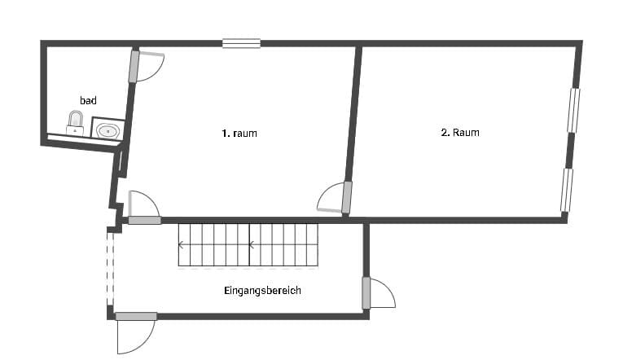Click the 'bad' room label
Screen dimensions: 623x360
click(x=88, y=100)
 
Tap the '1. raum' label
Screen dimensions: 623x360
click(x=239, y=133)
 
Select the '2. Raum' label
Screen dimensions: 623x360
click(x=460, y=132)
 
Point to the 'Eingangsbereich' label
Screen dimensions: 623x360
click(x=262, y=291)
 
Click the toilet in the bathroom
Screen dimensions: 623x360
click(x=75, y=123)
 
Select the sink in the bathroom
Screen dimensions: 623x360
click(x=107, y=130)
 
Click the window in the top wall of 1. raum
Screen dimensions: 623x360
click(x=241, y=43)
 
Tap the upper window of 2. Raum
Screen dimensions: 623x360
click(x=573, y=110)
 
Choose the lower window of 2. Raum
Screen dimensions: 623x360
click(x=567, y=190)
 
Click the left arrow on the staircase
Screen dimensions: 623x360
click(x=180, y=245)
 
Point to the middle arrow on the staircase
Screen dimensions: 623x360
click(x=251, y=245)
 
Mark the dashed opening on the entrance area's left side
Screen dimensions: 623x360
click(x=110, y=269)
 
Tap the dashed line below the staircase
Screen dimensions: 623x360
click(x=248, y=269)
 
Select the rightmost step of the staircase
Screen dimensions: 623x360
click(x=312, y=245)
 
